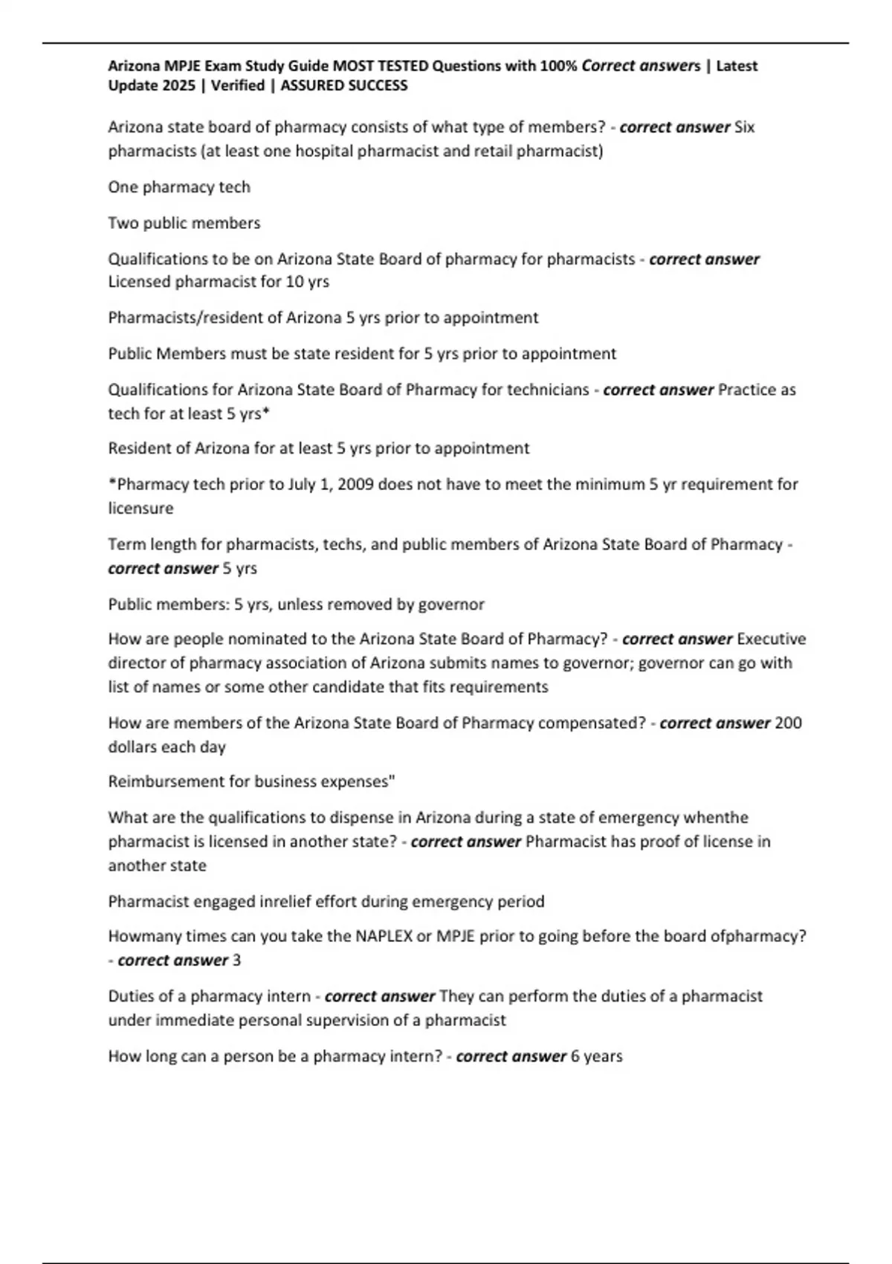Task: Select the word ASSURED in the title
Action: tap(311, 86)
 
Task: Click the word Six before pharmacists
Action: tap(744, 127)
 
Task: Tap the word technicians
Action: tap(548, 390)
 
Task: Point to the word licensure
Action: tap(140, 509)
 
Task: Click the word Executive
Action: tap(772, 639)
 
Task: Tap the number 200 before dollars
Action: tap(788, 723)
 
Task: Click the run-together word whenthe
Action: tap(716, 817)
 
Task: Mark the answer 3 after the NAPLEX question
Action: tap(236, 960)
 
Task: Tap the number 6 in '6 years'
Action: tap(575, 1056)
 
